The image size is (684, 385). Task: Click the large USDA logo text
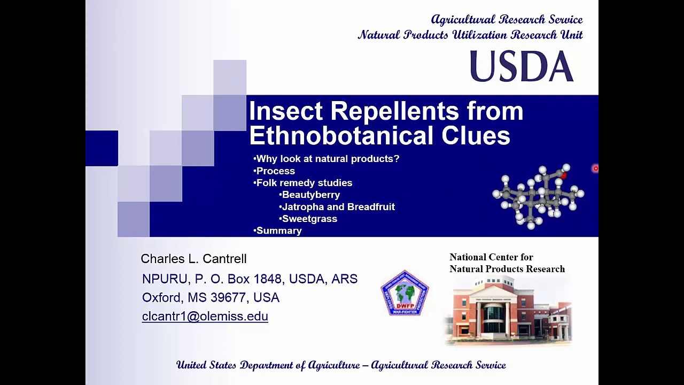point(521,67)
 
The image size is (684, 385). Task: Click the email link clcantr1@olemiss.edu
point(205,316)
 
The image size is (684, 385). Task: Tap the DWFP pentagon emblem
point(405,293)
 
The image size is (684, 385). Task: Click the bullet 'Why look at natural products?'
point(328,159)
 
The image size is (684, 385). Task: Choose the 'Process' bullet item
point(275,171)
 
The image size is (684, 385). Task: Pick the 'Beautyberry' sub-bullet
point(310,195)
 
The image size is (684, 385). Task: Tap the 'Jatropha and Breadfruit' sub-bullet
point(338,207)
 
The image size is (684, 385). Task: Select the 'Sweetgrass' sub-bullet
point(309,219)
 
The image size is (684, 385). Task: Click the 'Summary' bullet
point(279,231)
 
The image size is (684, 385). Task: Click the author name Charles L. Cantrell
point(193,259)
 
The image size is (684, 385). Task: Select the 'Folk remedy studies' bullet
point(304,183)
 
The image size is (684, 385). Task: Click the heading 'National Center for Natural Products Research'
point(507,263)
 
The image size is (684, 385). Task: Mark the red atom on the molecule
point(563,174)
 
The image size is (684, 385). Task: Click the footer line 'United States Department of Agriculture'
point(341,365)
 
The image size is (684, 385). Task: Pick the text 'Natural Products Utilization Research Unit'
point(470,35)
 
